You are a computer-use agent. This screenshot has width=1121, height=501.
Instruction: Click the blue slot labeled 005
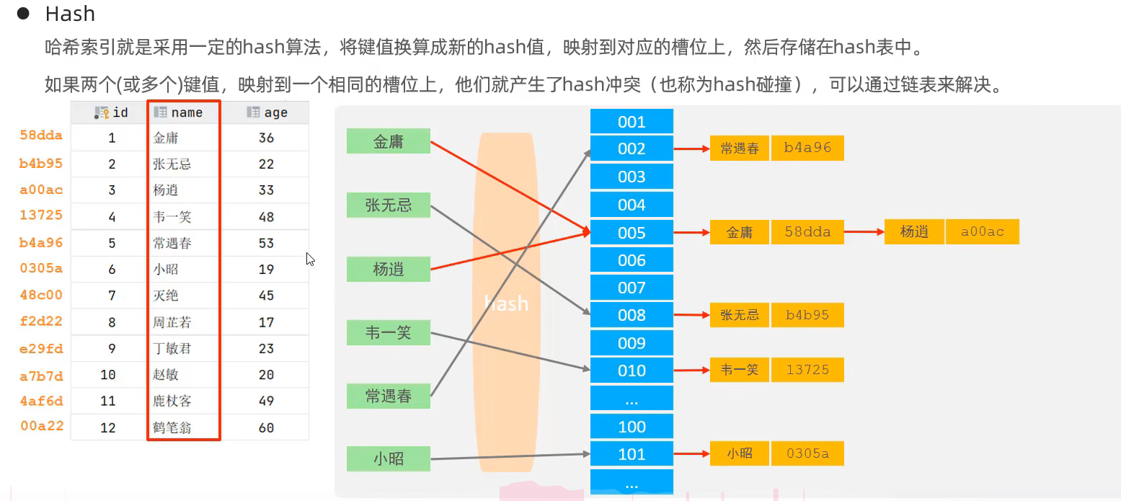pyautogui.click(x=632, y=233)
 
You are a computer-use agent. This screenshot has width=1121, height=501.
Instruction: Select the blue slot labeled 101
pyautogui.click(x=632, y=454)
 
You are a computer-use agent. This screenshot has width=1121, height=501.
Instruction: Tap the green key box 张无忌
pyautogui.click(x=389, y=205)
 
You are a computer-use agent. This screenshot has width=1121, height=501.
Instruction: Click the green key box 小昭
pyautogui.click(x=389, y=458)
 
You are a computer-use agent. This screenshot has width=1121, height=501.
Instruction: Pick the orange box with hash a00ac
pyautogui.click(x=983, y=231)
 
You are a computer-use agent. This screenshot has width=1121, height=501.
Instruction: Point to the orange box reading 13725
pyautogui.click(x=807, y=370)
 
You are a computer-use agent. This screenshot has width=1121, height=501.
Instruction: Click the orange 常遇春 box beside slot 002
pyautogui.click(x=739, y=148)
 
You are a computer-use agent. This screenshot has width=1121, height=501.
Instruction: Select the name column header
pyautogui.click(x=183, y=112)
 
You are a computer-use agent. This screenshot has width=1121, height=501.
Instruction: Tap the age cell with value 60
pyautogui.click(x=266, y=427)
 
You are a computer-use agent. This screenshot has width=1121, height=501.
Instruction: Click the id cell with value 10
pyautogui.click(x=108, y=375)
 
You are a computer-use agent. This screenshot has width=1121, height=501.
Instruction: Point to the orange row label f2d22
pyautogui.click(x=41, y=321)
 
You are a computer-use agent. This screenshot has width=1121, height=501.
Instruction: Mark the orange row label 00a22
pyautogui.click(x=42, y=426)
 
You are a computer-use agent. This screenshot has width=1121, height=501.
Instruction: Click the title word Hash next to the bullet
pyautogui.click(x=70, y=14)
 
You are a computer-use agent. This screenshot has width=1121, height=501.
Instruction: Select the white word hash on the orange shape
pyautogui.click(x=507, y=303)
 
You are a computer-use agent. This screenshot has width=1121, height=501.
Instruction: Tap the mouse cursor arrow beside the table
pyautogui.click(x=310, y=259)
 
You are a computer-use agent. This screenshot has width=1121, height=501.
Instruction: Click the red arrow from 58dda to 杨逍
pyautogui.click(x=864, y=231)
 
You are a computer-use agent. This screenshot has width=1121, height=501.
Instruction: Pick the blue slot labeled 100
pyautogui.click(x=632, y=427)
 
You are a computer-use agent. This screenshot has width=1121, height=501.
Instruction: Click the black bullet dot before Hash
pyautogui.click(x=23, y=14)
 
